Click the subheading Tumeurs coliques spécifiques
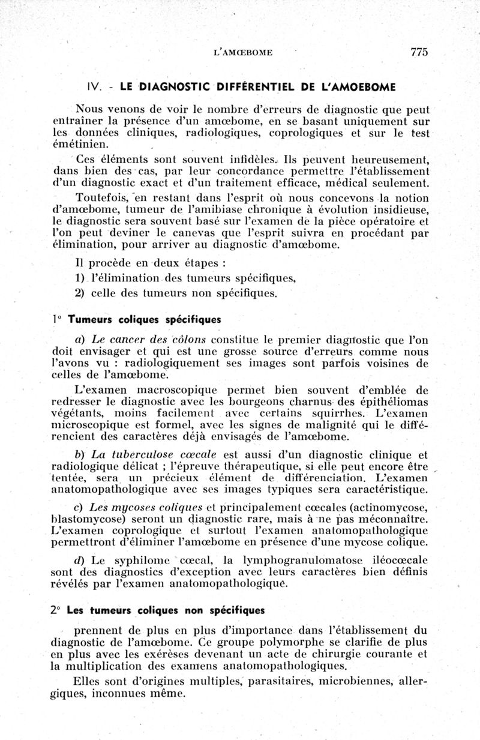click(x=144, y=320)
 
